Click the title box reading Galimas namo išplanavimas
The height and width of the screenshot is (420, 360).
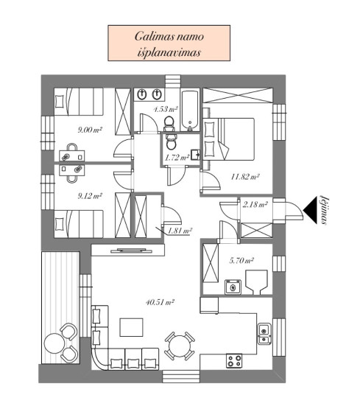(x=169, y=43)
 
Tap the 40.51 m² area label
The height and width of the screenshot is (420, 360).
(x=160, y=302)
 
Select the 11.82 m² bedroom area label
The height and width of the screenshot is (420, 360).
(x=245, y=177)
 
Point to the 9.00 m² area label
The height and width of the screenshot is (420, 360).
(x=90, y=130)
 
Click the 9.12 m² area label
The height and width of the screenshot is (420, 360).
(x=90, y=196)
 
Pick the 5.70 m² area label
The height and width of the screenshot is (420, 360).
(x=241, y=260)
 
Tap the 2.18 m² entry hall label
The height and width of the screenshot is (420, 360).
(x=255, y=205)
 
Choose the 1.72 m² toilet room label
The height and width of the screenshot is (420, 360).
(x=177, y=158)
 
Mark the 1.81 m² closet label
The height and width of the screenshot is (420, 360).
(x=180, y=231)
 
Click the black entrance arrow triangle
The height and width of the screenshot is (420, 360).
(x=311, y=211)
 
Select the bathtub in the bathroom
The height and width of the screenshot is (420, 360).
(x=189, y=111)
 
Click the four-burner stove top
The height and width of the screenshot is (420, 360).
(x=234, y=360)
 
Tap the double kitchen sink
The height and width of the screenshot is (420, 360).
(x=264, y=334)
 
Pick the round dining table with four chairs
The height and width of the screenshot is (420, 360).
(x=180, y=346)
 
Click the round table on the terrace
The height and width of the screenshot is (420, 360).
(x=54, y=343)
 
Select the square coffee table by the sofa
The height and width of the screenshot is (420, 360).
(x=131, y=327)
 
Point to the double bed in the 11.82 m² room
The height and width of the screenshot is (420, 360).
(x=228, y=139)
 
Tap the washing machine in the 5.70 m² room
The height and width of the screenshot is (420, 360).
(x=233, y=287)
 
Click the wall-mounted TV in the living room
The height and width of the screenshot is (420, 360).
(x=132, y=251)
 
